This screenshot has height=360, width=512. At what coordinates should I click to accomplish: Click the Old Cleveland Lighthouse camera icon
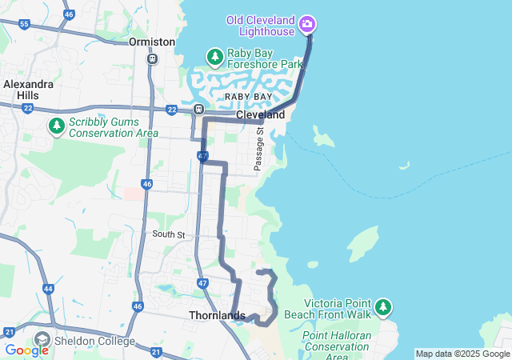point(306,25)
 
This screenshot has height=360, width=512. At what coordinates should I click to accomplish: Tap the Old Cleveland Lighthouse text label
point(260,25)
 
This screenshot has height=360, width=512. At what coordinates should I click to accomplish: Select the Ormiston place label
point(152,42)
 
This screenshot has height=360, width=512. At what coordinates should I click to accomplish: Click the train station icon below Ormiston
point(153,58)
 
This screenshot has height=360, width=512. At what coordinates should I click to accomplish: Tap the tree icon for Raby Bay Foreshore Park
point(214,57)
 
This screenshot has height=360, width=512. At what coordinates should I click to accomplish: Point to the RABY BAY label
point(248,96)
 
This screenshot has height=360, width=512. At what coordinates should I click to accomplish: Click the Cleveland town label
point(260,115)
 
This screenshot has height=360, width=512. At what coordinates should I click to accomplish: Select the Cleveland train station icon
point(198,109)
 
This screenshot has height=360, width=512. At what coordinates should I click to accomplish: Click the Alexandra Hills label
point(28,89)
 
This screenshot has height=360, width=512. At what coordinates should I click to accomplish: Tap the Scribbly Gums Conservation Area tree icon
point(56,126)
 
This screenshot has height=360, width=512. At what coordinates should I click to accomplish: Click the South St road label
point(169,234)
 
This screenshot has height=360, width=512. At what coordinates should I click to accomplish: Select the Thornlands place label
point(216,315)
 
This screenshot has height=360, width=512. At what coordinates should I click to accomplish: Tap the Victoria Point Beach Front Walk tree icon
point(384,307)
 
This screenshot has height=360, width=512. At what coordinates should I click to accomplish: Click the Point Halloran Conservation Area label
point(336,346)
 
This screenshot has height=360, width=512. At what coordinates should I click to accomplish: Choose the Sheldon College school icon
point(42,341)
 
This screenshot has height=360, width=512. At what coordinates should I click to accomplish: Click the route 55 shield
point(24,24)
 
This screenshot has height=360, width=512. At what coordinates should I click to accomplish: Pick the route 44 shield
point(48,288)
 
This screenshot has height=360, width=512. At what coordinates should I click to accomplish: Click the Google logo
point(26,350)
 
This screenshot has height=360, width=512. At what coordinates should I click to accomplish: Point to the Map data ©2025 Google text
point(462,354)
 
